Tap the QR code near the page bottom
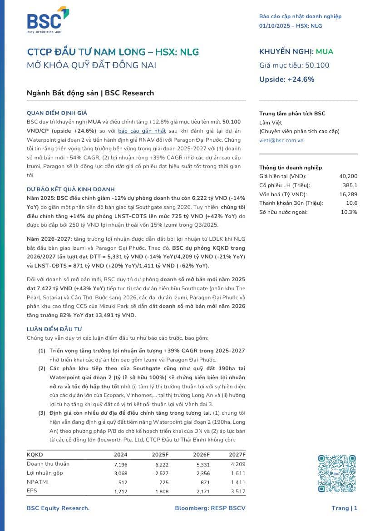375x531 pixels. click(x=336, y=474)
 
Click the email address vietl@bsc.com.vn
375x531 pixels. click(x=281, y=140)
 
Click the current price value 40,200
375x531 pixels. click(x=348, y=176)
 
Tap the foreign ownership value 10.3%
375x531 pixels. click(x=349, y=212)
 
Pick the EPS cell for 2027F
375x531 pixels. click(x=237, y=491)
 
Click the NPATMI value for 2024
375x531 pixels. click(x=121, y=482)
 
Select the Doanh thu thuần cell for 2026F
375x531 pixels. click(x=202, y=464)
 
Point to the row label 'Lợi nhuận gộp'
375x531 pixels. click(x=45, y=473)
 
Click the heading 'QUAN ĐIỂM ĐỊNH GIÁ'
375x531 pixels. click(x=57, y=113)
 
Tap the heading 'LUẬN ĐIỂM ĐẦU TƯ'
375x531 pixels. click(x=54, y=329)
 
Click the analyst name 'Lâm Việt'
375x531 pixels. click(x=271, y=123)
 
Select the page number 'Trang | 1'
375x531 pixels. click(x=344, y=508)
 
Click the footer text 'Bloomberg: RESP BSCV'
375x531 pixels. click(x=210, y=508)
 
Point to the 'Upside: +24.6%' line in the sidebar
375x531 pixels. click(x=286, y=79)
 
